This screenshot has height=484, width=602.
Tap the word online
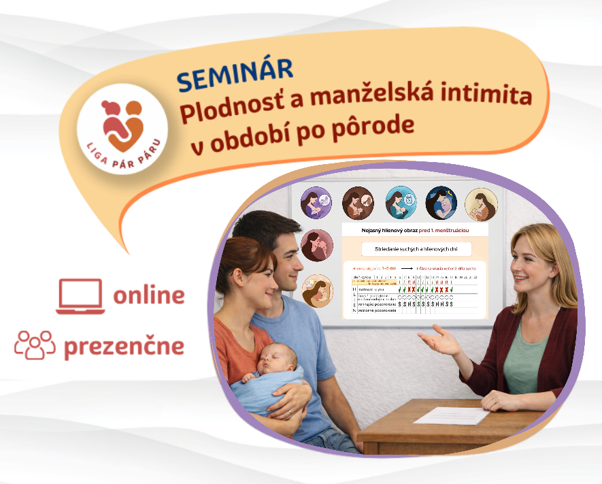point(149,295)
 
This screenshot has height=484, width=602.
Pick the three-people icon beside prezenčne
point(35,345)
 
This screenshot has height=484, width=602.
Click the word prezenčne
point(124,346)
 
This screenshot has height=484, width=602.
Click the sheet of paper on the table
point(452,415)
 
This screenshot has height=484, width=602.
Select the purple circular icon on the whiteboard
point(316,204)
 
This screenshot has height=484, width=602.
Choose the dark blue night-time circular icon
point(441,204)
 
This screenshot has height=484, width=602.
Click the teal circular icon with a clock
point(401,204)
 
